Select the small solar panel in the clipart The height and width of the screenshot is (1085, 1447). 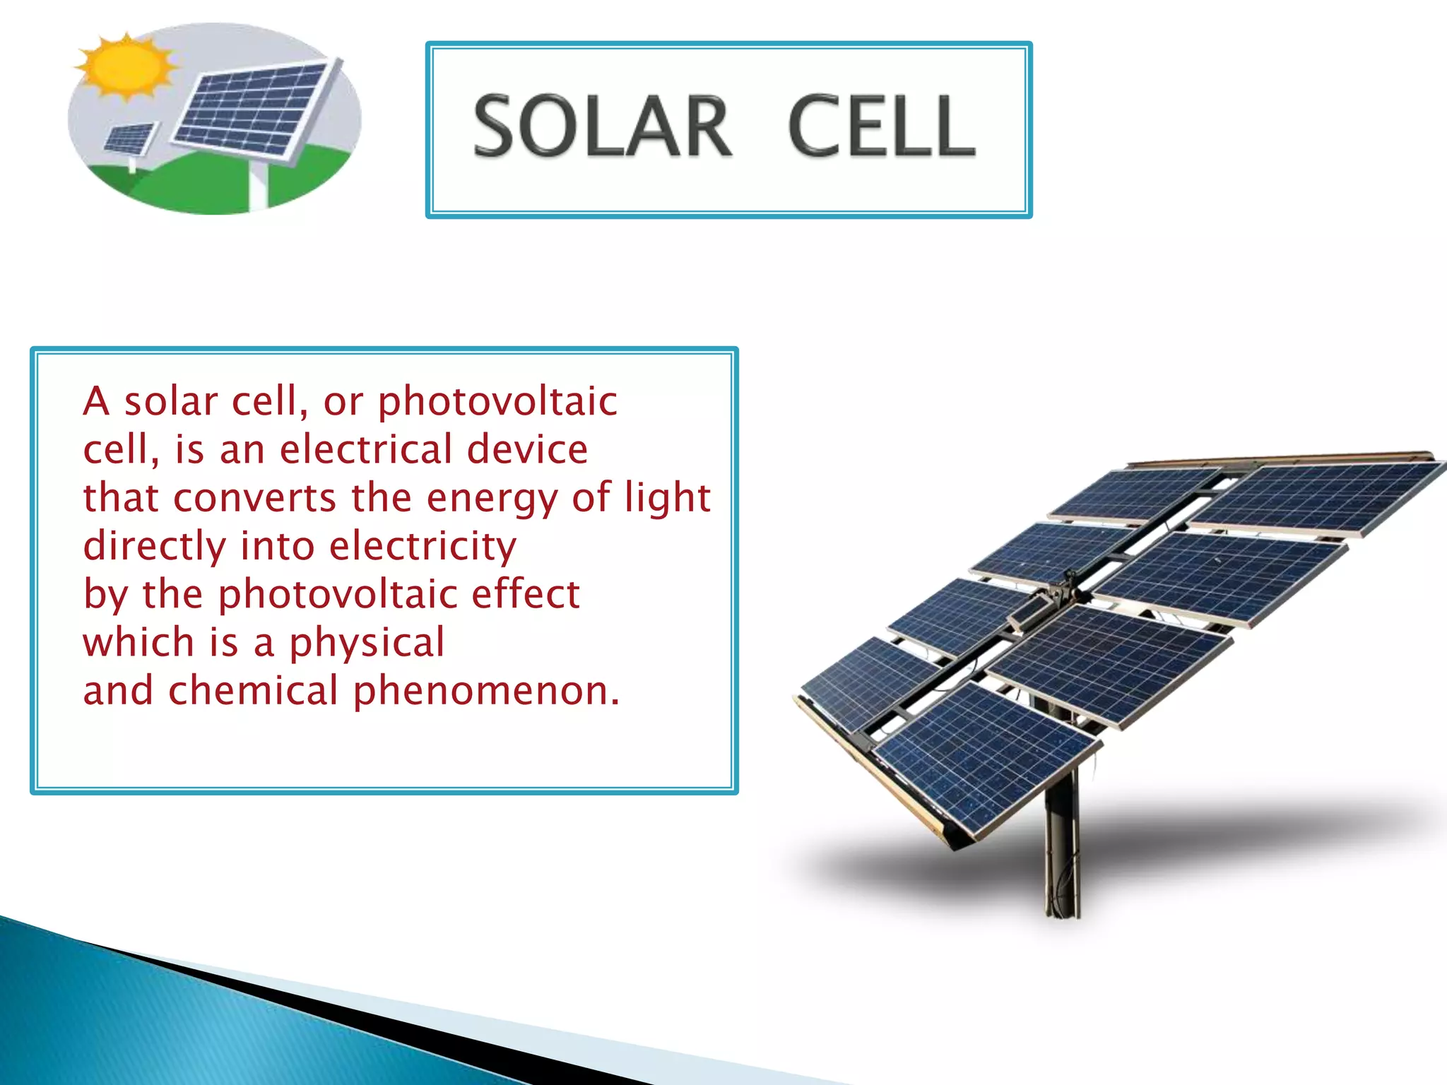130,138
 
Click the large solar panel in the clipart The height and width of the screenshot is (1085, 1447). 253,109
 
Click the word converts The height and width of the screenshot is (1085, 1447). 254,498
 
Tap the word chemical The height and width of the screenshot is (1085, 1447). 253,690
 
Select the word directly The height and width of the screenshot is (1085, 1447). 153,547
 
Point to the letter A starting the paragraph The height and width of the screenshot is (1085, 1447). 96,401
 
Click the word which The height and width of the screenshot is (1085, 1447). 138,642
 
